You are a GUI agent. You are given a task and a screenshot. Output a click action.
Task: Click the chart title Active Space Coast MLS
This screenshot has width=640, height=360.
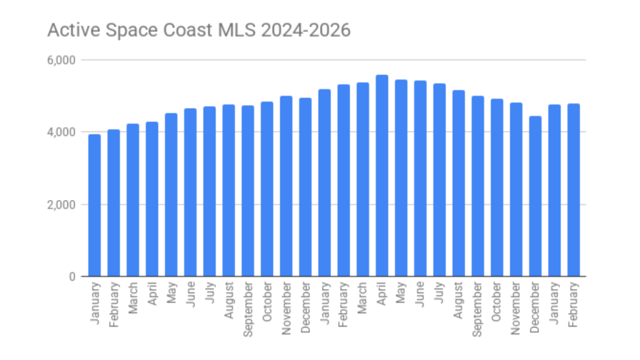point(199,30)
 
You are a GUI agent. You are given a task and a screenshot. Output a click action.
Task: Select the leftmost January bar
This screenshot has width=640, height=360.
point(94,206)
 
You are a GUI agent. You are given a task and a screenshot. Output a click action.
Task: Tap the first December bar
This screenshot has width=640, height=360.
point(305,187)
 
